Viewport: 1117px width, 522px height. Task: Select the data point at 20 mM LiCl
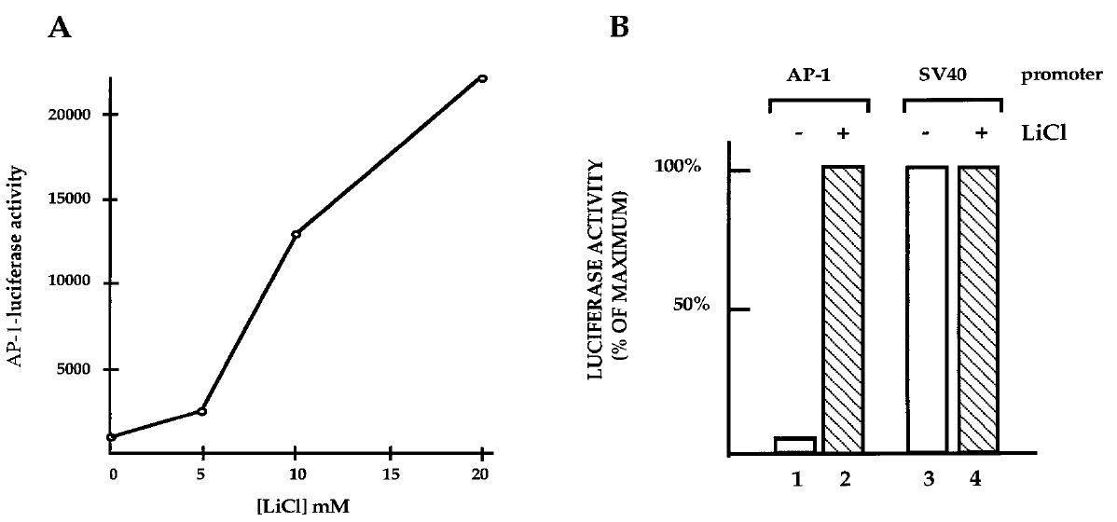point(482,78)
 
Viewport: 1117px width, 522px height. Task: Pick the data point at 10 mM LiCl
point(296,234)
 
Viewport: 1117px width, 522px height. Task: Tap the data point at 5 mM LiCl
point(202,410)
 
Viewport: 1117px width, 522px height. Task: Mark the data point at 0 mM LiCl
point(111,436)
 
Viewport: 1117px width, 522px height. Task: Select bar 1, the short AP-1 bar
point(794,446)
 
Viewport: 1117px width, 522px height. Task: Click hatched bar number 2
point(843,309)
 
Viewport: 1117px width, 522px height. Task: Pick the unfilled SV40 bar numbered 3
point(927,309)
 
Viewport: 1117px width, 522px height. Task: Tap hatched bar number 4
point(978,309)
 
